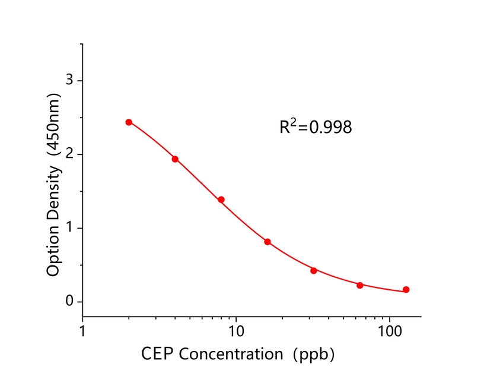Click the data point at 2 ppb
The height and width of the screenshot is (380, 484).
pyautogui.click(x=129, y=122)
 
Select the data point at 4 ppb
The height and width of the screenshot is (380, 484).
pyautogui.click(x=175, y=159)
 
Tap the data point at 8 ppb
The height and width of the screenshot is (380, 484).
pyautogui.click(x=221, y=199)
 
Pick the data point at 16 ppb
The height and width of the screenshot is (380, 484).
pyautogui.click(x=268, y=242)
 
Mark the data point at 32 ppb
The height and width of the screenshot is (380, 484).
pyautogui.click(x=314, y=270)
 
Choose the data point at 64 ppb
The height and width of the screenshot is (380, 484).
pyautogui.click(x=360, y=285)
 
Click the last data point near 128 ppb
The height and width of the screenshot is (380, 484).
pyautogui.click(x=406, y=290)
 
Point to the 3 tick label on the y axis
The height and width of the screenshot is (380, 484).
pyautogui.click(x=70, y=80)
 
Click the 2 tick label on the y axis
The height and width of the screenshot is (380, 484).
pyautogui.click(x=70, y=154)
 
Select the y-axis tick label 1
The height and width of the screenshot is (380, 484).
pyautogui.click(x=70, y=228)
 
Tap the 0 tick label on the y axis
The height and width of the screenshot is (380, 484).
pyautogui.click(x=70, y=302)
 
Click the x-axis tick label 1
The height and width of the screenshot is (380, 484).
pyautogui.click(x=82, y=328)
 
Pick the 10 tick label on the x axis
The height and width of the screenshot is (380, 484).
pyautogui.click(x=236, y=328)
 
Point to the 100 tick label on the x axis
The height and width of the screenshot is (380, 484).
pyautogui.click(x=390, y=328)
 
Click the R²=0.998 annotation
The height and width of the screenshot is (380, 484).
pyautogui.click(x=316, y=126)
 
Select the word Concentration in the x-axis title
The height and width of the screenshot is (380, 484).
pyautogui.click(x=231, y=354)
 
